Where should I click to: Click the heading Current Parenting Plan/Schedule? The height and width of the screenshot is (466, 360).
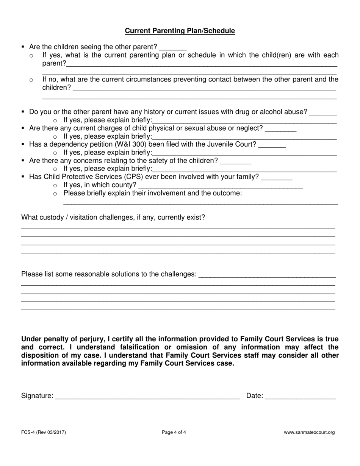180,31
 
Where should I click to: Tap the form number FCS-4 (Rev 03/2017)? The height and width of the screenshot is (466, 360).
44,432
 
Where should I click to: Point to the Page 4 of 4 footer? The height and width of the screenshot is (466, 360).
174,432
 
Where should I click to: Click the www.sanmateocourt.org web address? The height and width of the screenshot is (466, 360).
309,432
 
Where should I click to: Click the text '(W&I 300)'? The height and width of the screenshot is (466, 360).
131,144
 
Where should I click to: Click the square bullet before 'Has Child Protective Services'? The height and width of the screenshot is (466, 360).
23,177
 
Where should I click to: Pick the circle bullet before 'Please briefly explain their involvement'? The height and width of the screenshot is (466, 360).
55,194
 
